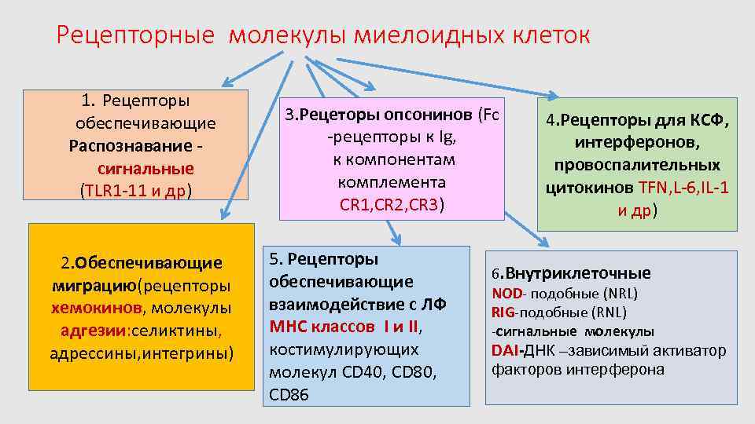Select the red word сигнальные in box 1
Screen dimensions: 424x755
click(146, 168)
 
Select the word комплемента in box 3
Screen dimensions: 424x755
click(392, 182)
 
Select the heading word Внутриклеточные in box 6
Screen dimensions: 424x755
click(577, 273)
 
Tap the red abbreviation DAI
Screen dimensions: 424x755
click(506, 351)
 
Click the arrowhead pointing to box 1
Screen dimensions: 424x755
click(225, 82)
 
